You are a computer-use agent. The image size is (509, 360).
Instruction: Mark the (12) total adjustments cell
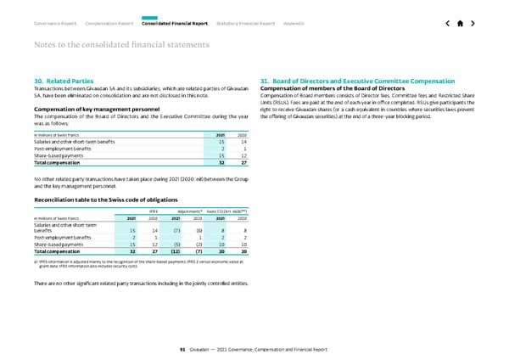click(x=176, y=251)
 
